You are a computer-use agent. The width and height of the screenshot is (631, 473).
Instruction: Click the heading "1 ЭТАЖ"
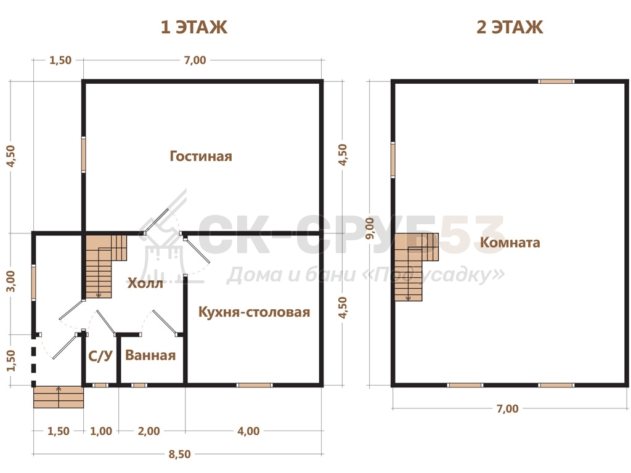194,27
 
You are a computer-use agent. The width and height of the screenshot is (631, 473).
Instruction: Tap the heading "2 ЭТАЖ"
510,27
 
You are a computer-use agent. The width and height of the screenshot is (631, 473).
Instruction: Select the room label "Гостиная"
201,156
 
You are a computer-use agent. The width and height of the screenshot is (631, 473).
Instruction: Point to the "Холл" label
145,283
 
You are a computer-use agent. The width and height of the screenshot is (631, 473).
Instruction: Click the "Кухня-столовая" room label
254,312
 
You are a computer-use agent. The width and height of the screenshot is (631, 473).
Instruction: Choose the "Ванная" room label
150,355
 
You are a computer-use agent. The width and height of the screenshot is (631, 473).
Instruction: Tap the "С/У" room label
100,356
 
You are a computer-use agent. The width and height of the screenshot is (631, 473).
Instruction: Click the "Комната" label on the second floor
510,243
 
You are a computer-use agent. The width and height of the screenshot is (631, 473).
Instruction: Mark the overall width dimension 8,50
179,454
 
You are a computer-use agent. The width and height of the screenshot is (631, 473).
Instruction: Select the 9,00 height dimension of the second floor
370,228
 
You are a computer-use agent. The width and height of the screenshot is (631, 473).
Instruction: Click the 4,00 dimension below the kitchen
248,431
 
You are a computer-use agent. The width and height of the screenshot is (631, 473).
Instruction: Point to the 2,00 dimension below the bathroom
149,431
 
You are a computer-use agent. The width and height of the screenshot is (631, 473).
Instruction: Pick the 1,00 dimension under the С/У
101,431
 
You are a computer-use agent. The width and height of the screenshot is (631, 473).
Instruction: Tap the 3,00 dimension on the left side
11,281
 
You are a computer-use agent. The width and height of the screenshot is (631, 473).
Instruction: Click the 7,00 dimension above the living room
195,60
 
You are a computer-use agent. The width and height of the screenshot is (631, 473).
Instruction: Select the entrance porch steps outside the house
59,397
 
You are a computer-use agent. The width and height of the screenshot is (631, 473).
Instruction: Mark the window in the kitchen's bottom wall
254,386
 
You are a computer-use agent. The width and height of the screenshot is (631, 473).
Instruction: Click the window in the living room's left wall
84,155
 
